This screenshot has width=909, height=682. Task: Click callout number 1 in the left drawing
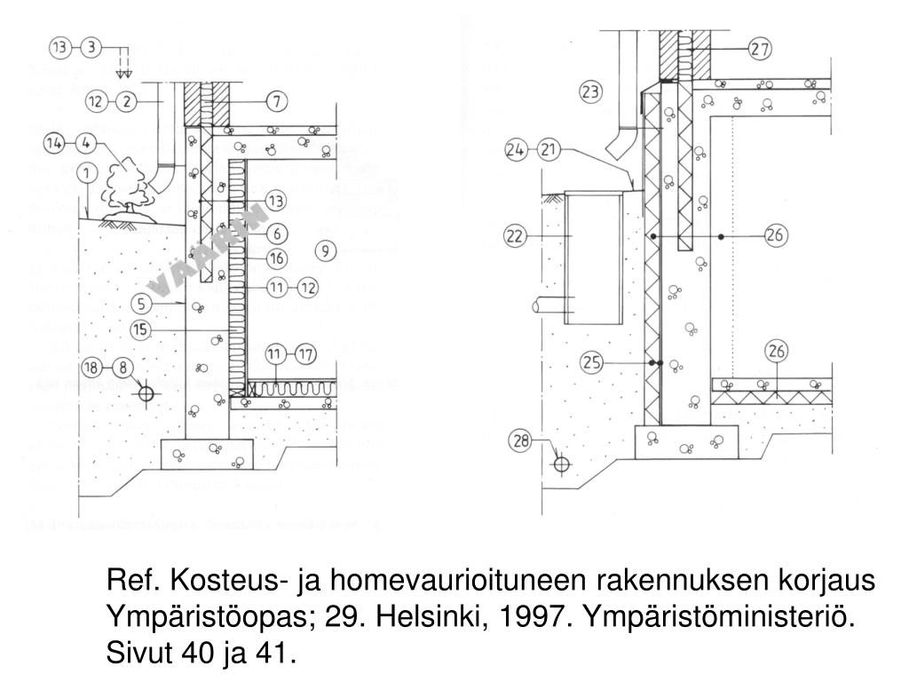[87, 171]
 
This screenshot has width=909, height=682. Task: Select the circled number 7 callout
[277, 101]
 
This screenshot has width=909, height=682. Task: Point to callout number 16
[277, 258]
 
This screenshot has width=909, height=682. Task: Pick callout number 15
[140, 329]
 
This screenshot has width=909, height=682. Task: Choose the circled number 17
[304, 353]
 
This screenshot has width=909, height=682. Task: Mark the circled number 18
[91, 367]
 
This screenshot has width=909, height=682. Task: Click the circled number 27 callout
[759, 50]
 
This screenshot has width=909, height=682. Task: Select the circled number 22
[514, 236]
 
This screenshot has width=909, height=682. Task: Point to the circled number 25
[592, 362]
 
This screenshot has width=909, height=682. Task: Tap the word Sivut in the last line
[139, 654]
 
